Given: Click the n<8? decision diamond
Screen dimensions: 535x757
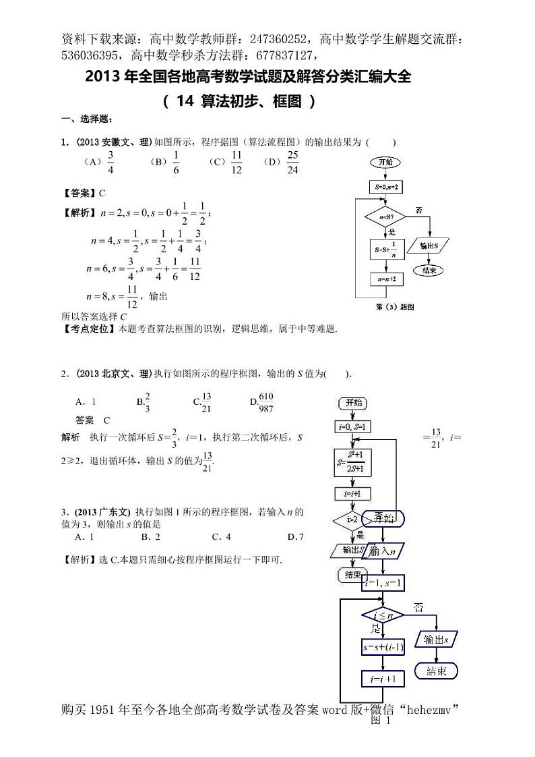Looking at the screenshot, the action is click(x=385, y=217).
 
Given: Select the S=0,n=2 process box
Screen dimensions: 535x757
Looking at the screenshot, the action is click(x=385, y=186).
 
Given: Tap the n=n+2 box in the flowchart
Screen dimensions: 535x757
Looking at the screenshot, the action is click(x=385, y=277).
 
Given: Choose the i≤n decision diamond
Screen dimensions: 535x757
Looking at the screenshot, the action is click(x=381, y=615).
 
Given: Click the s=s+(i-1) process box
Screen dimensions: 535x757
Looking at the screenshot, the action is click(x=381, y=648).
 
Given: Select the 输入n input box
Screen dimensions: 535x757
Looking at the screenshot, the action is click(x=381, y=551).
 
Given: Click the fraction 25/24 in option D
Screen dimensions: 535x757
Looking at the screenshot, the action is click(x=292, y=163).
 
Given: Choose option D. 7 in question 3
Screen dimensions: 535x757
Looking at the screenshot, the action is click(x=295, y=537).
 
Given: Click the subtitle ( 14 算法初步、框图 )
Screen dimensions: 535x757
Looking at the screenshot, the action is click(x=239, y=102).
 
